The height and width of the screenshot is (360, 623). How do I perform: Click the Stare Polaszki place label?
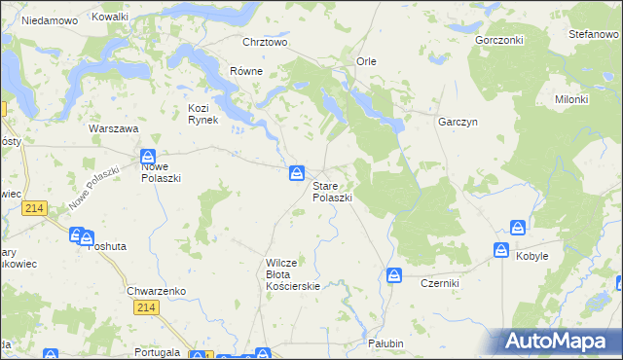point(332,191)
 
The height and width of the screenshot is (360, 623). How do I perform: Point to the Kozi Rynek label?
point(206,113)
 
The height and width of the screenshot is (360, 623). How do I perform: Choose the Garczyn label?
point(456,111)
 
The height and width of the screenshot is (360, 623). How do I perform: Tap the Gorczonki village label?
point(499,41)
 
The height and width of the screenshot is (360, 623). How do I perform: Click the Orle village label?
point(366,61)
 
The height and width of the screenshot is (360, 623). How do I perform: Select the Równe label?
point(246,70)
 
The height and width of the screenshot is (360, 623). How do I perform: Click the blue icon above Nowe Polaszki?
point(148,156)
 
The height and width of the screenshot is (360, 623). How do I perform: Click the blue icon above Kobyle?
point(516,229)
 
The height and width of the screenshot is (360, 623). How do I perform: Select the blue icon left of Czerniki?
point(394,275)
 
